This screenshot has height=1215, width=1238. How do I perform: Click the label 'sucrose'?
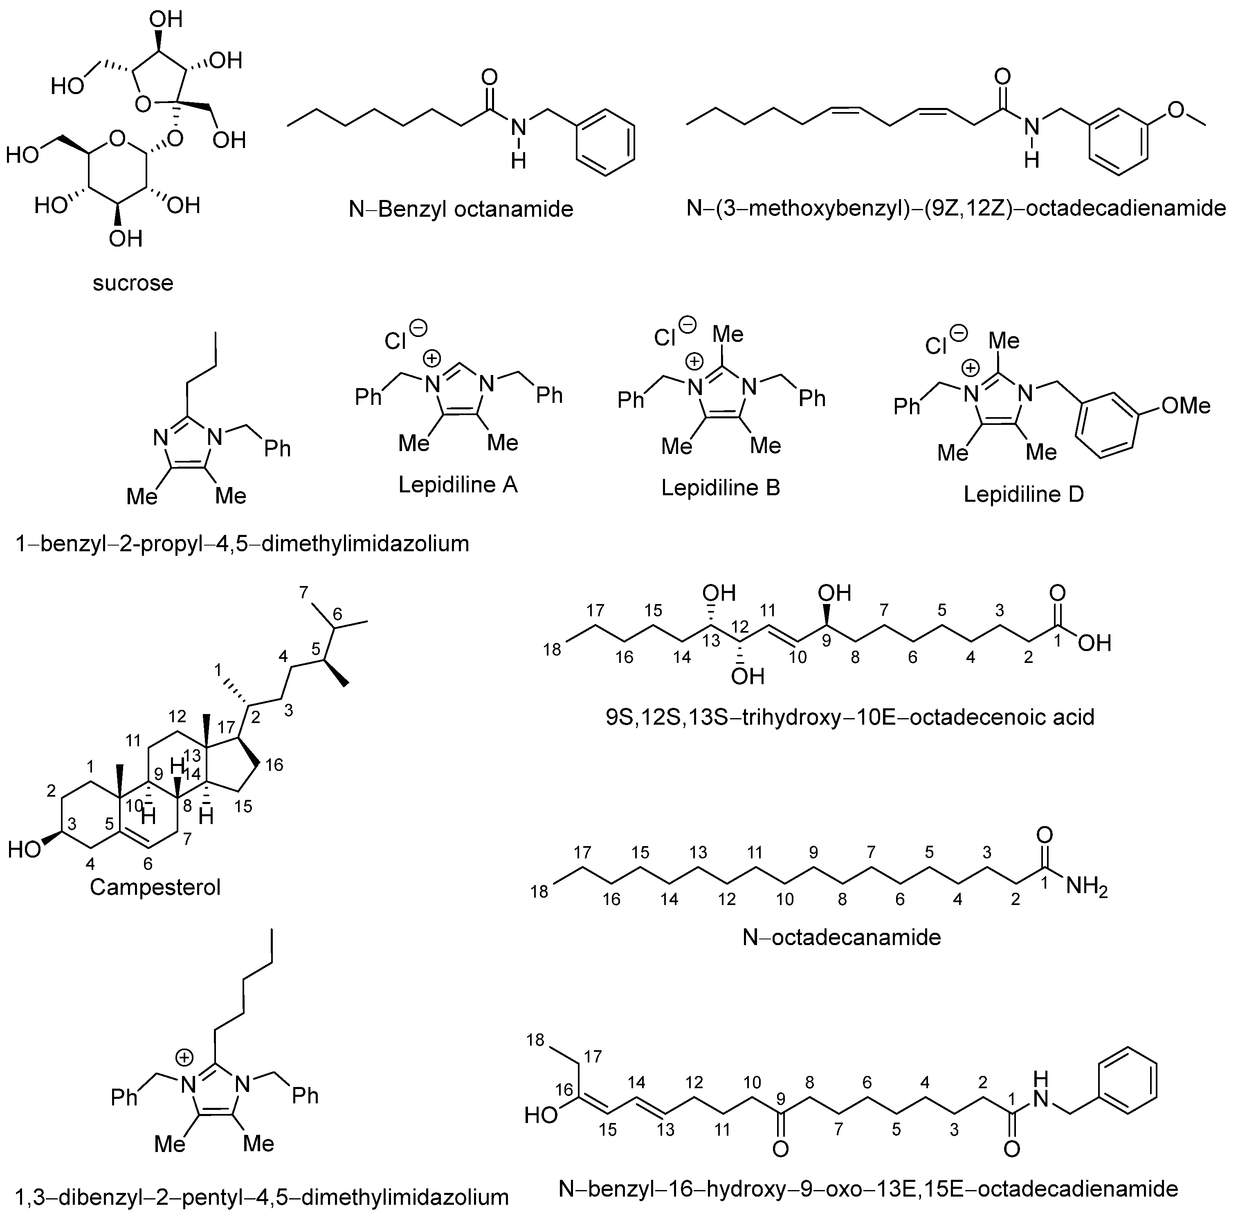133,283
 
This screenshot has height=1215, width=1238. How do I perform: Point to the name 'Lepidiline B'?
721,487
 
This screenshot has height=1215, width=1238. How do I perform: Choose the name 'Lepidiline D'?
1024,494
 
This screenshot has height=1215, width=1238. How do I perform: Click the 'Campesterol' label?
155,887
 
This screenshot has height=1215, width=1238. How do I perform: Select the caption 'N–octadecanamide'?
842,937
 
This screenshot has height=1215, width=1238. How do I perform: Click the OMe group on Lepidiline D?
1186,406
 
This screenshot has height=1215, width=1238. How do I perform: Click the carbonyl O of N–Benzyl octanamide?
490,78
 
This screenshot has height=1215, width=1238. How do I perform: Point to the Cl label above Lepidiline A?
395,342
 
